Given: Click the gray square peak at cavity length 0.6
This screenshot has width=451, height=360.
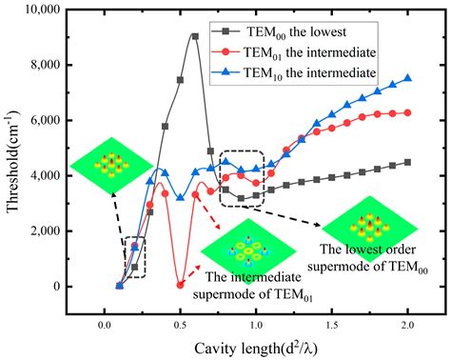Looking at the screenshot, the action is click(195, 36).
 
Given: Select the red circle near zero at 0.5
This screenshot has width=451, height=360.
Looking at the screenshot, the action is click(180, 285).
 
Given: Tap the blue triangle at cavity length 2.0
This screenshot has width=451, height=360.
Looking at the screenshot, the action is click(408, 78).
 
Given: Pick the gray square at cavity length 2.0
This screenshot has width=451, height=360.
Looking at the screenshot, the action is click(408, 163).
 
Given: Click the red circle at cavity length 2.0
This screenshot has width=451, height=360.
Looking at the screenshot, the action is click(408, 112).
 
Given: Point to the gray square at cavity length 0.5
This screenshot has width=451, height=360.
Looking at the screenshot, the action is click(180, 80).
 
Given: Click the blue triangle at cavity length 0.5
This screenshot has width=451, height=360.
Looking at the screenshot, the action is click(180, 197).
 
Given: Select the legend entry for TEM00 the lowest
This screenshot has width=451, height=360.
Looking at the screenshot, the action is click(280, 31).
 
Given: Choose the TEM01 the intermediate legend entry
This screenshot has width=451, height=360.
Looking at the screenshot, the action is click(294, 52).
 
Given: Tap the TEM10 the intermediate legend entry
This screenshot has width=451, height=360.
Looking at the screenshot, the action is click(294, 72).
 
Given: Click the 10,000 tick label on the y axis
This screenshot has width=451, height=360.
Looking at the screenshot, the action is click(41, 10).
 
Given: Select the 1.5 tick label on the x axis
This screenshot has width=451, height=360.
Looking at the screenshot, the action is click(332, 326).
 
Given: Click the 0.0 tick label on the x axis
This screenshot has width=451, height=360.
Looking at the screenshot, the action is click(105, 326).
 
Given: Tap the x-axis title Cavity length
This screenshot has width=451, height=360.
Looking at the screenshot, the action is click(256, 349).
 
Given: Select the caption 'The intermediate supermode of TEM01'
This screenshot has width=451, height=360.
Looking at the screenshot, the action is click(253, 286).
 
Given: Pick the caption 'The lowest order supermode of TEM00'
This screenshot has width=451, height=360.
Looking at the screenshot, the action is click(367, 258).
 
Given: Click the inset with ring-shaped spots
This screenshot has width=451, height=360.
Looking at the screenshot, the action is click(248, 250).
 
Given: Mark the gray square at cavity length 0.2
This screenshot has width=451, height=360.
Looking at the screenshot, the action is click(134, 268).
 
